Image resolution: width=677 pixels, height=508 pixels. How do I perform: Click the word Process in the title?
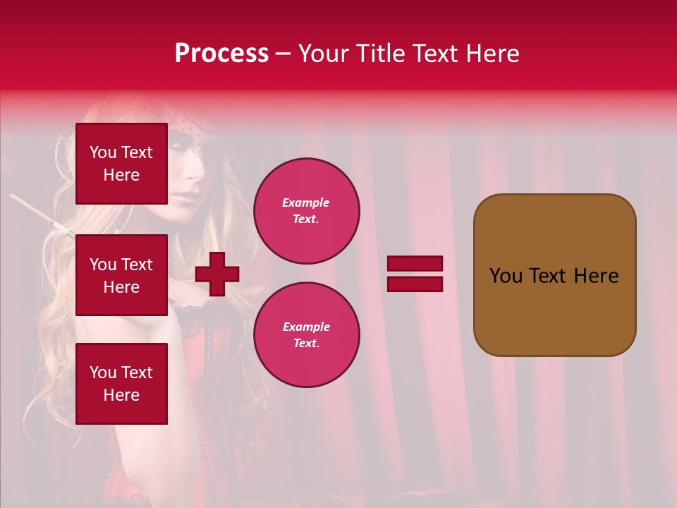(221, 54)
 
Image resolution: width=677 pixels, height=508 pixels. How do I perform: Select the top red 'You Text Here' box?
(121, 164)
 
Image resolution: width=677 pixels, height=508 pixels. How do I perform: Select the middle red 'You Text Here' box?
(121, 275)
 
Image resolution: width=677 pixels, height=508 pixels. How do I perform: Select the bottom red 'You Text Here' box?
(121, 384)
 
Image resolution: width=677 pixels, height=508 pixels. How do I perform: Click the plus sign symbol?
(217, 274)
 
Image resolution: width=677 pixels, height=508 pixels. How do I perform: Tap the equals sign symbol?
(415, 274)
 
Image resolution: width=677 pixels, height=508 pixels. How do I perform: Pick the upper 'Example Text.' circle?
(306, 211)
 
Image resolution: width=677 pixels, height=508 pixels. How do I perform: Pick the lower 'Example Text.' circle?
(306, 335)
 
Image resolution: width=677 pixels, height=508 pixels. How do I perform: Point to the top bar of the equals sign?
(415, 264)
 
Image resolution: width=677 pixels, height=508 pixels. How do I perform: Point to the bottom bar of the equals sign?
(415, 284)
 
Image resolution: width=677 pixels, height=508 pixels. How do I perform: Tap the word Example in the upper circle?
(306, 202)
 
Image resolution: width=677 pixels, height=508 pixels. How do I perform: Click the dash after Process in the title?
(283, 54)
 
